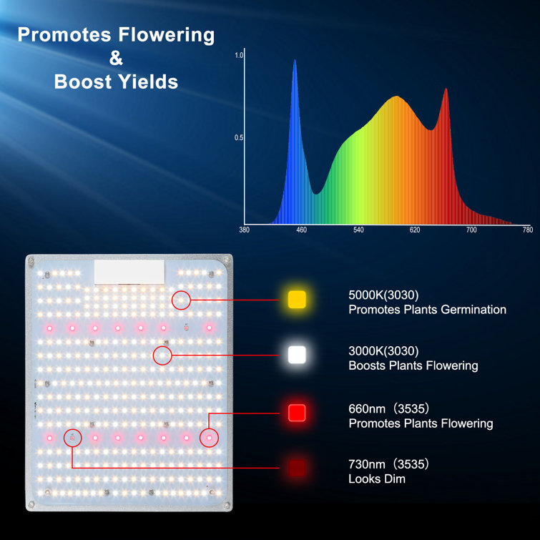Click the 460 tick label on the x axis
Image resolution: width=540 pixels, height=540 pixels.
(x=301, y=230)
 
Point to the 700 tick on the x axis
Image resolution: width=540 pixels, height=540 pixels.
(x=471, y=230)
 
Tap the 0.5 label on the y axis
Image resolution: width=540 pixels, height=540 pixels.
(x=239, y=138)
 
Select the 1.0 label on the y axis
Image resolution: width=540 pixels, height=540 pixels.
(x=239, y=55)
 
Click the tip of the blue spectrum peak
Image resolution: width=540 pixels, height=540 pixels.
(x=295, y=60)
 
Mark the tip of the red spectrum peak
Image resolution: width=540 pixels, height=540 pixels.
(x=446, y=89)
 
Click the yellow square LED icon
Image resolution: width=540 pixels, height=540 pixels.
(x=297, y=299)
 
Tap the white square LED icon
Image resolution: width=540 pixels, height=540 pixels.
(x=297, y=355)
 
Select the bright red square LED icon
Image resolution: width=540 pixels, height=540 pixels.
(x=297, y=413)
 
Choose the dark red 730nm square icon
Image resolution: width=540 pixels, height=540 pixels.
(x=297, y=468)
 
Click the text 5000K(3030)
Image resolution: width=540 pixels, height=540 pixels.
(x=383, y=295)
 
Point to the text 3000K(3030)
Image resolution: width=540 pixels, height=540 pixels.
(x=383, y=351)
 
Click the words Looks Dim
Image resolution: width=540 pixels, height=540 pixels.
(x=377, y=478)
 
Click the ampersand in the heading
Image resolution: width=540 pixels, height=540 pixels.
(x=116, y=58)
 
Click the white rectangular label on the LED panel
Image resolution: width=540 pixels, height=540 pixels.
(x=129, y=272)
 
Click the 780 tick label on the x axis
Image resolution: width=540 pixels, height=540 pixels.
(x=528, y=230)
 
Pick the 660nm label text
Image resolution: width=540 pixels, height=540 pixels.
(x=367, y=409)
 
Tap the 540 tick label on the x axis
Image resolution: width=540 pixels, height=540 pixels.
(x=358, y=230)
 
